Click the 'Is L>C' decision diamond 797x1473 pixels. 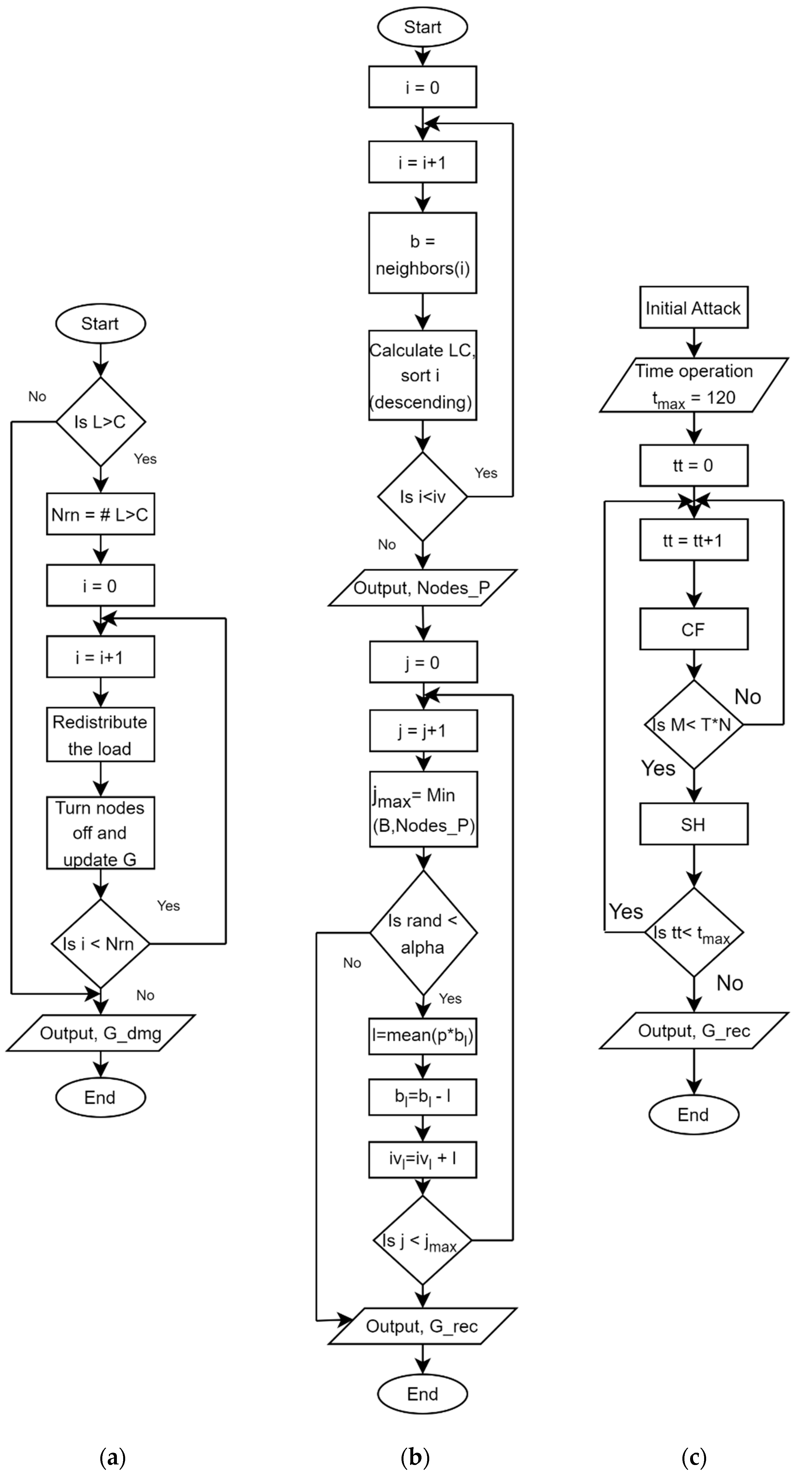click(100, 422)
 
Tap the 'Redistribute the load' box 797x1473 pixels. click(100, 735)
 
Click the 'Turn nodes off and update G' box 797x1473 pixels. click(100, 833)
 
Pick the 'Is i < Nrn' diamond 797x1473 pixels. click(100, 943)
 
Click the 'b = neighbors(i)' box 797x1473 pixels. click(423, 253)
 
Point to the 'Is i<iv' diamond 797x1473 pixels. click(423, 496)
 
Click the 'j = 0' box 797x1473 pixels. click(423, 662)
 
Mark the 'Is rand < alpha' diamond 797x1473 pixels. click(423, 933)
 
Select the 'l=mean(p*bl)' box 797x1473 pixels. click(423, 1035)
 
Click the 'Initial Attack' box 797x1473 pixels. click(694, 308)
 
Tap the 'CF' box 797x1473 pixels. click(694, 629)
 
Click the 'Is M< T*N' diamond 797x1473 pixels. click(694, 724)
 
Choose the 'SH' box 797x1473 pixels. click(694, 824)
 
